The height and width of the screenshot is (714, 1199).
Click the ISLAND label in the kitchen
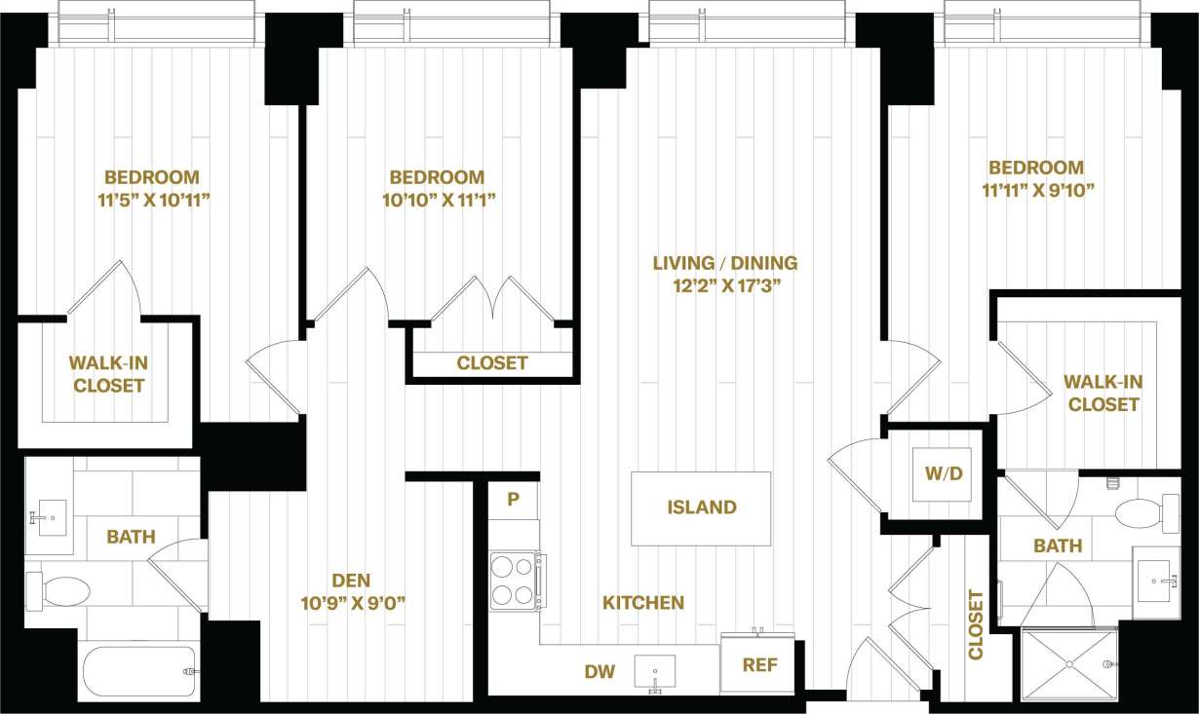point(701,507)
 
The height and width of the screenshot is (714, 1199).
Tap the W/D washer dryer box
point(943,474)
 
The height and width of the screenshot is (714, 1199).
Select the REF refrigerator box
point(760,666)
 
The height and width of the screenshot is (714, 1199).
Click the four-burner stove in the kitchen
point(512,581)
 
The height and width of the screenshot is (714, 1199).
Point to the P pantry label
point(513,500)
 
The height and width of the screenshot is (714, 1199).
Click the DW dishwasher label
point(599,671)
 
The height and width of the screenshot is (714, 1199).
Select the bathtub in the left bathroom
point(139,671)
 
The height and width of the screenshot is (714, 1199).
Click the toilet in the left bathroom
point(59,590)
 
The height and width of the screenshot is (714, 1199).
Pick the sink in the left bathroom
point(47,513)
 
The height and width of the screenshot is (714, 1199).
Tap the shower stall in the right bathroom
point(1069,662)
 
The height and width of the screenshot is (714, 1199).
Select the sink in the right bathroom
point(1156,582)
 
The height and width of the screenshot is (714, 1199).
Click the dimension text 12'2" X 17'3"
point(725,286)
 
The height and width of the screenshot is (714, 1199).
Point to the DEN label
point(352,580)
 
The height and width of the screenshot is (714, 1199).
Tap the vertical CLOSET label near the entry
point(976,624)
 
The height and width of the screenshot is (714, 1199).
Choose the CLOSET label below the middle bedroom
point(492,363)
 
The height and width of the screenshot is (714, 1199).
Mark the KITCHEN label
point(642,603)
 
